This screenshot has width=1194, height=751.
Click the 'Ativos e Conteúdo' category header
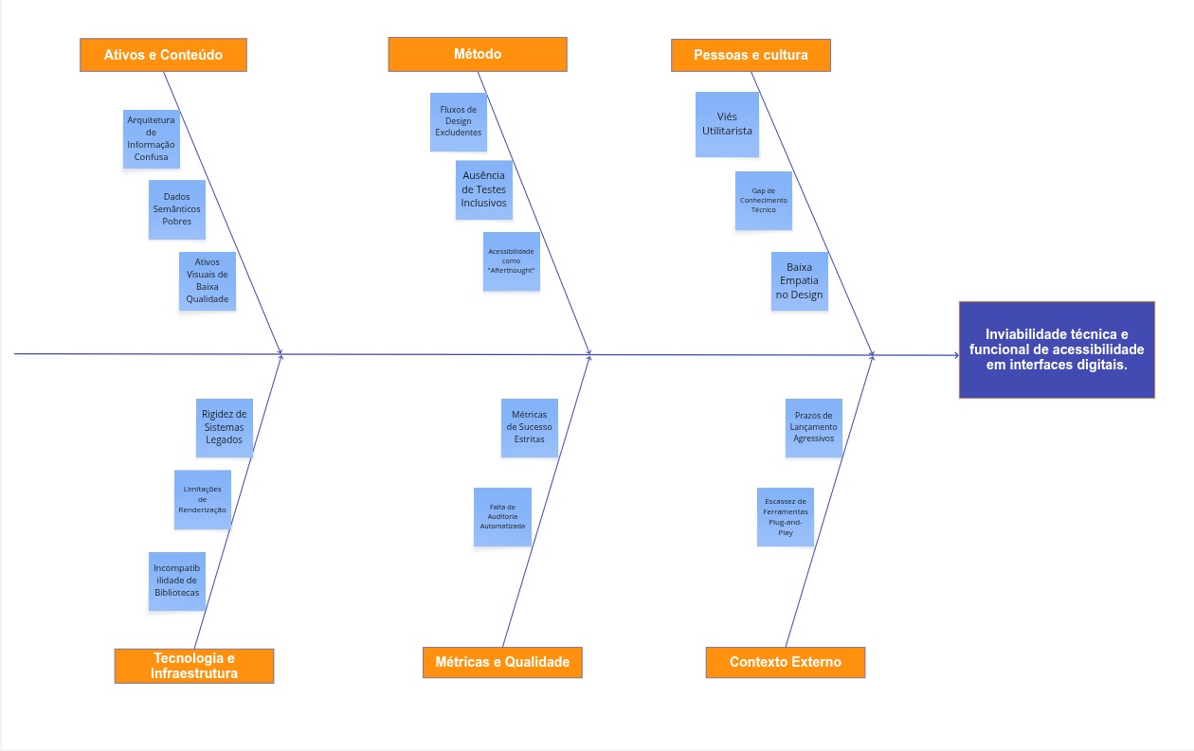[163, 55]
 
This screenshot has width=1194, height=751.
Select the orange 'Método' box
[478, 54]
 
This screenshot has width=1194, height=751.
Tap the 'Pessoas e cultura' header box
[751, 55]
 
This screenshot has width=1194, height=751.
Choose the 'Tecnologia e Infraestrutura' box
[194, 666]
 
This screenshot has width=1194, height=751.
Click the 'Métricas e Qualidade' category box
[502, 662]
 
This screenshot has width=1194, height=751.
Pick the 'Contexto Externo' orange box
[785, 662]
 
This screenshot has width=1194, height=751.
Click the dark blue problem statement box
[1057, 349]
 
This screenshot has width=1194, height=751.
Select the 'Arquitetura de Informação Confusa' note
[151, 138]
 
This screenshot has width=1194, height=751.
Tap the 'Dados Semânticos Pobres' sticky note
[176, 209]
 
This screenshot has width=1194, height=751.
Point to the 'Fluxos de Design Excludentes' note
[458, 120]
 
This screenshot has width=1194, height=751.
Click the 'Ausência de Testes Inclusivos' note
[483, 189]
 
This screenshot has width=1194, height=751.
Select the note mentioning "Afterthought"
[511, 261]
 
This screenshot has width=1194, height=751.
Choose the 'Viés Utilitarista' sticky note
[727, 124]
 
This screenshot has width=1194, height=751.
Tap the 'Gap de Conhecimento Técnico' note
[763, 200]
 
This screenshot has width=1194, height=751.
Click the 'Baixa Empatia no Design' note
[799, 281]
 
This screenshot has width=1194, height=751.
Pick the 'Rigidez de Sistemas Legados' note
[224, 427]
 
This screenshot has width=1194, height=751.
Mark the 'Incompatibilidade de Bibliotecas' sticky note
[177, 581]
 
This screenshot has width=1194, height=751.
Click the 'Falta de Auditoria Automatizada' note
[502, 516]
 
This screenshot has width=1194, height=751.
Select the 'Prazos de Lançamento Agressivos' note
[813, 427]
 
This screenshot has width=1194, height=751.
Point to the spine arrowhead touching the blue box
[955, 355]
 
